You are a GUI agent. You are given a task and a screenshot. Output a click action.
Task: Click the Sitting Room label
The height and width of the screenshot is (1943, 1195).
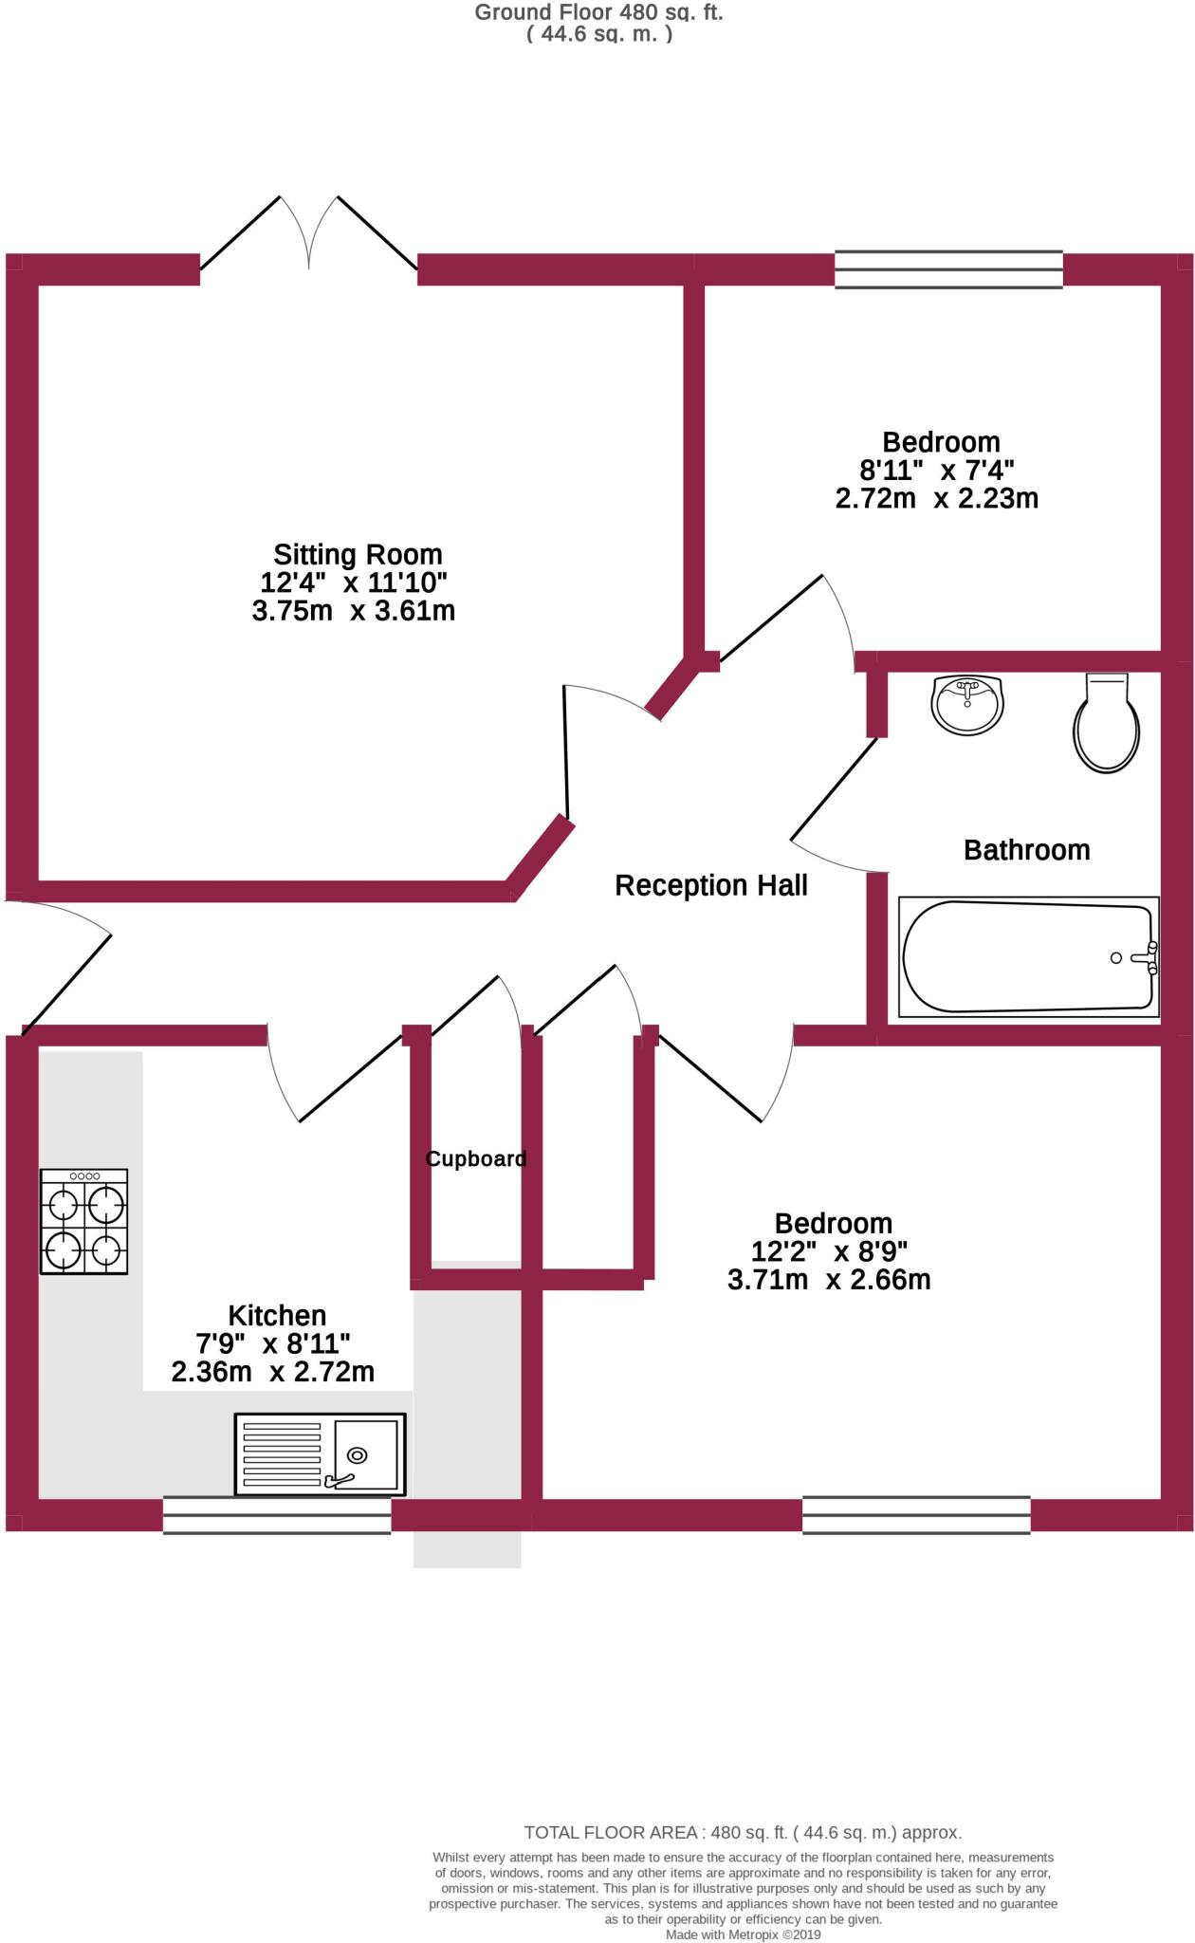coord(358,554)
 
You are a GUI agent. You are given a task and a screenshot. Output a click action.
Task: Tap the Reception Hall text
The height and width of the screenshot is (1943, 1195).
coord(710,885)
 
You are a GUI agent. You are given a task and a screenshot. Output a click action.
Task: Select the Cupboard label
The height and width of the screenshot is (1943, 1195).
coord(475,1158)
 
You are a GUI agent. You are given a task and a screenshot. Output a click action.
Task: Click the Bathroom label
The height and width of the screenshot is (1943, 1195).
coord(1026,850)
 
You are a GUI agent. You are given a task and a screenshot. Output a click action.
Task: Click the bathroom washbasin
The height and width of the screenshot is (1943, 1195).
coord(967,705)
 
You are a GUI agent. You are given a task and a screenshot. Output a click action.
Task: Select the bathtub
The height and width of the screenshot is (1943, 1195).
coord(1028,957)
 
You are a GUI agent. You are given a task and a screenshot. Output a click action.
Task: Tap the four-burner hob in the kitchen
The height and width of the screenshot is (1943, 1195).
coord(83,1221)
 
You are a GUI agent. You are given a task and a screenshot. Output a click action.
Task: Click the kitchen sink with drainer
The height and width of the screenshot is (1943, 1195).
coord(320,1454)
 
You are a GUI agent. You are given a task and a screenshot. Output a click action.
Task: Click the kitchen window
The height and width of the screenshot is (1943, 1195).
coord(277,1515)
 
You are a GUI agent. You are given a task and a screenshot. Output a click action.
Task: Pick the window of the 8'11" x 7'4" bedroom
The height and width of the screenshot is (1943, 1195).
coord(948,269)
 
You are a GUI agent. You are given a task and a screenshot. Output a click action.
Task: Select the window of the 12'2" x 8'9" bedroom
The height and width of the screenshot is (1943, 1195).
coord(916,1515)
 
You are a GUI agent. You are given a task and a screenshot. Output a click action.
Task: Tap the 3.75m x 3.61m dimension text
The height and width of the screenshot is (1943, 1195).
coord(354,611)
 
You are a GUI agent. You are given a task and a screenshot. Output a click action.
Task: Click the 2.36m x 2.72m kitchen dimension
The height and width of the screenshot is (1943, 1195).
coord(273,1372)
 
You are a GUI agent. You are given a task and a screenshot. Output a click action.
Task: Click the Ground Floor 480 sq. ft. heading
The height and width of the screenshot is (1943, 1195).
coord(598,13)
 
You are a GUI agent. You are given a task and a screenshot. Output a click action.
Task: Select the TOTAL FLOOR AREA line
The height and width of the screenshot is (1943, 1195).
coord(743,1833)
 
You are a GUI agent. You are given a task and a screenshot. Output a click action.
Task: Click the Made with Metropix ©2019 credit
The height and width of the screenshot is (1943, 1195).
coord(743,1934)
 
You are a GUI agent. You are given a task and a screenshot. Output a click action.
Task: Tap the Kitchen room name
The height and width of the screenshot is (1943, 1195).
coord(277,1316)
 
